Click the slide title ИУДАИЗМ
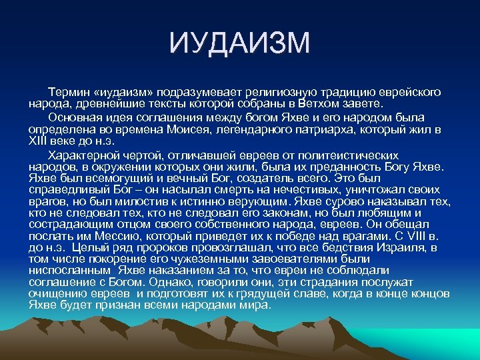(x=240, y=44)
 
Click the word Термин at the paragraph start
(x=67, y=91)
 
